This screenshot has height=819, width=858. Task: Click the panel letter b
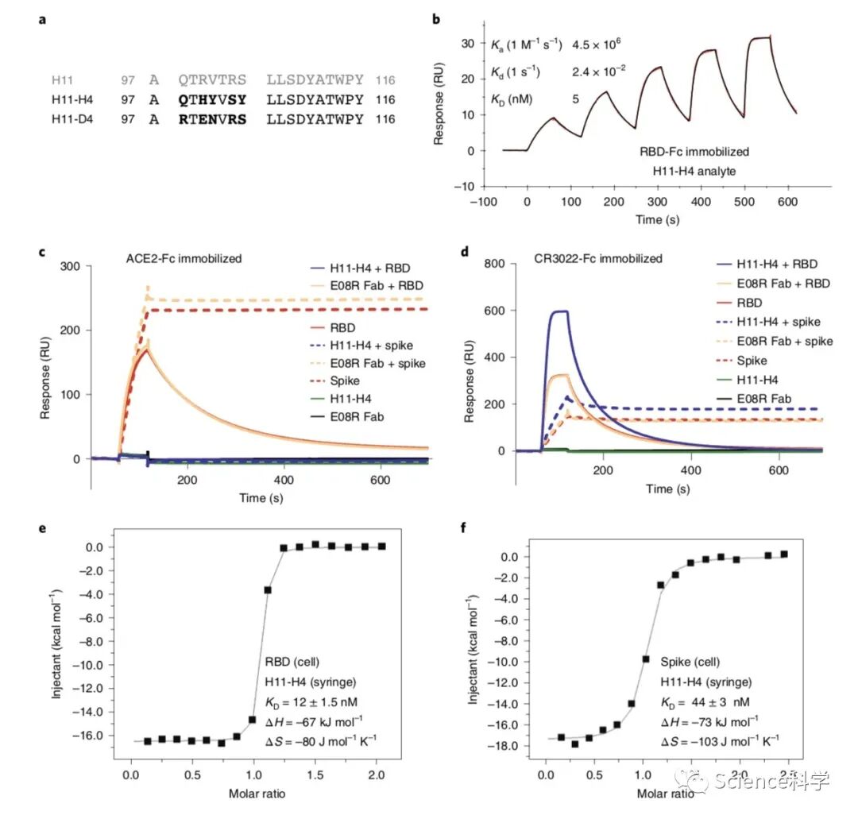click(x=435, y=18)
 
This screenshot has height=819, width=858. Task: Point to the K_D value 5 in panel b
click(x=575, y=99)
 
